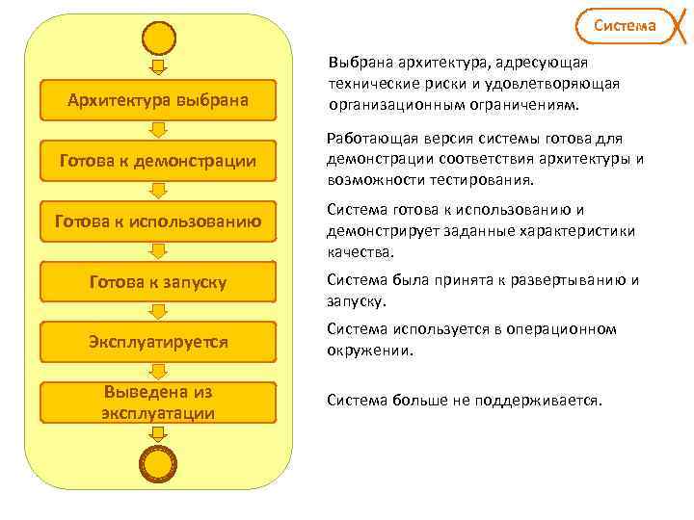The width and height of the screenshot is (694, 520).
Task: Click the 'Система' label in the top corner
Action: pos(624,25)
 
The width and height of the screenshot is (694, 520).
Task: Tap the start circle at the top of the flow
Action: pos(159,38)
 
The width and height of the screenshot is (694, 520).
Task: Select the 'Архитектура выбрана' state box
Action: pos(158,100)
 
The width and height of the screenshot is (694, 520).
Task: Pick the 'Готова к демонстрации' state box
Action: pos(158,161)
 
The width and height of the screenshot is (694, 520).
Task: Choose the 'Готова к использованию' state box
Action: pos(158,221)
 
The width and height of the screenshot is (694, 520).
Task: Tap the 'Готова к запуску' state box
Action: pos(158,282)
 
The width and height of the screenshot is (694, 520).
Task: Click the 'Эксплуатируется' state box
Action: pos(158,342)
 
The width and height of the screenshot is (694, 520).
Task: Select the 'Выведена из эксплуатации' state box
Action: pos(158,403)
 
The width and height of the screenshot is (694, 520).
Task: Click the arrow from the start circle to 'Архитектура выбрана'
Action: pos(159,66)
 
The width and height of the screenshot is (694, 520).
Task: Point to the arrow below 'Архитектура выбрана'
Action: pos(159,130)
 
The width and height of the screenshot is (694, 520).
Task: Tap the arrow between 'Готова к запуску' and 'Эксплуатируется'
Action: pos(159,312)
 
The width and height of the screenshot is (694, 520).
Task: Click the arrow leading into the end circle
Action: pos(159,434)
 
